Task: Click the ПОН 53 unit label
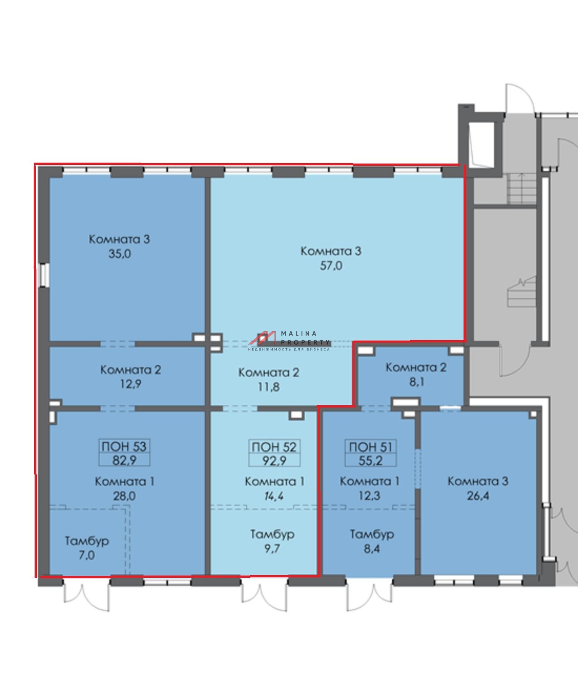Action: [x=124, y=447]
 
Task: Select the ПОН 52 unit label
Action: [x=274, y=447]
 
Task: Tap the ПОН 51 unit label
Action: [x=371, y=447]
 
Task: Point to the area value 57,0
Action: [x=331, y=266]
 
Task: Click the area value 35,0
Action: [x=120, y=254]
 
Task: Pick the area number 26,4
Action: [x=478, y=496]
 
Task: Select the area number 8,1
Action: [x=417, y=382]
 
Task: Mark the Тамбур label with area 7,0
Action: [x=87, y=541]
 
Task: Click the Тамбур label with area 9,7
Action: [x=272, y=534]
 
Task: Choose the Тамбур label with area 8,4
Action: [x=372, y=534]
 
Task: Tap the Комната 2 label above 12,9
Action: [x=131, y=370]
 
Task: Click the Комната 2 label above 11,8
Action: [x=269, y=372]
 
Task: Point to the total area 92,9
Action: [x=274, y=460]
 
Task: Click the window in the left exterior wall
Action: [x=44, y=275]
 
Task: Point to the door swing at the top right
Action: [x=520, y=98]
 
